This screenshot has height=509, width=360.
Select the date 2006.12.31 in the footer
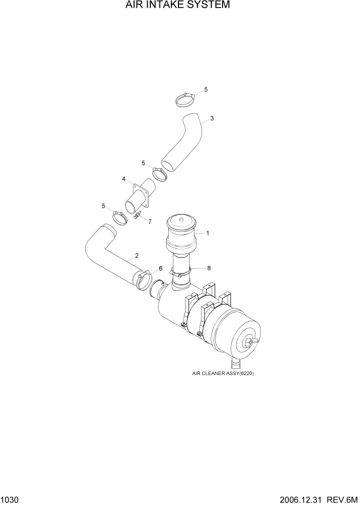pyautogui.click(x=306, y=500)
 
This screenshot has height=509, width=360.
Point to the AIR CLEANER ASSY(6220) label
pyautogui.click(x=223, y=374)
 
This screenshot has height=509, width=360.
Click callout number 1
pyautogui.click(x=208, y=233)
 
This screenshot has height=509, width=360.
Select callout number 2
pyautogui.click(x=137, y=256)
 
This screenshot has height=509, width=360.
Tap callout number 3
pyautogui.click(x=212, y=119)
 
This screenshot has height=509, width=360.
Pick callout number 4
pyautogui.click(x=124, y=179)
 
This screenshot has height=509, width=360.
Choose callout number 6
pyautogui.click(x=160, y=268)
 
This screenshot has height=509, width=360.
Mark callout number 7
pyautogui.click(x=150, y=222)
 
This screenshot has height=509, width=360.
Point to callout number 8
pyautogui.click(x=209, y=268)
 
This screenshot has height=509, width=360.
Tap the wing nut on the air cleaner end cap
pyautogui.click(x=251, y=341)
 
